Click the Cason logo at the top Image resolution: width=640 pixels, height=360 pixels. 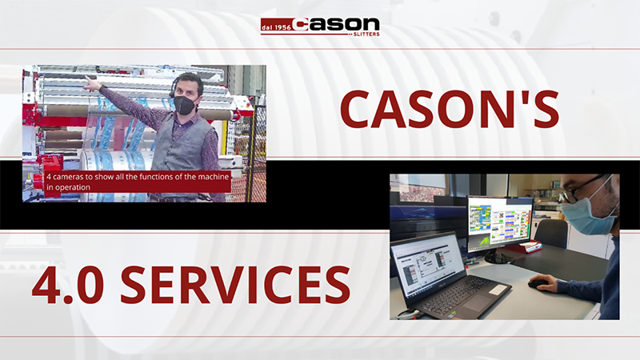[320, 26]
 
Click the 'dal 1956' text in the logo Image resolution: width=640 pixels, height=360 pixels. [276, 27]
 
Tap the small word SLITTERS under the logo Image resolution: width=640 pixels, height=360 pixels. [366, 34]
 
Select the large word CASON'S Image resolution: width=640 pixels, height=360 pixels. [450, 109]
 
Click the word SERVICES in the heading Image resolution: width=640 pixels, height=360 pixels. [235, 285]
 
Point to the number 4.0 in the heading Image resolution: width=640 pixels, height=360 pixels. [68, 285]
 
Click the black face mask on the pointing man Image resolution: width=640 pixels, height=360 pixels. [185, 105]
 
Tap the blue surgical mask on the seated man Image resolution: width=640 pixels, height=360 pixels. [586, 214]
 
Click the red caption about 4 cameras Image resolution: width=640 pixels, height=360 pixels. [138, 182]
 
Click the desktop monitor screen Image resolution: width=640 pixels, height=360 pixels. [500, 221]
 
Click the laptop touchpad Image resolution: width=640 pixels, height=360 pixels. [477, 302]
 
